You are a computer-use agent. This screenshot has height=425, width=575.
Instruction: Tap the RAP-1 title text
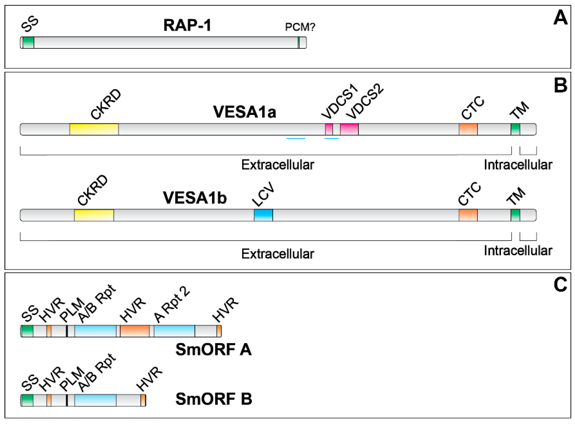tap(187, 25)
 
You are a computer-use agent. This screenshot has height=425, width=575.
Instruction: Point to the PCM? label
tap(300, 27)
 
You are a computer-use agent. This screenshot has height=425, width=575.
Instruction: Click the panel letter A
tap(560, 18)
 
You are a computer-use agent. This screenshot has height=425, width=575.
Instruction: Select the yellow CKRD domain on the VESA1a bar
tap(94, 129)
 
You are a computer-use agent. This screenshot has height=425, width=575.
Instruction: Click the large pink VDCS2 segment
tap(349, 129)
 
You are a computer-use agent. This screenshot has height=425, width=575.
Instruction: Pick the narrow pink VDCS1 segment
tap(329, 129)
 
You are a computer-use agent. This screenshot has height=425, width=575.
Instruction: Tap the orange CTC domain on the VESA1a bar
tap(468, 129)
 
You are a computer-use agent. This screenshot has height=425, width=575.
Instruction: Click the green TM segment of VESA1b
tap(515, 215)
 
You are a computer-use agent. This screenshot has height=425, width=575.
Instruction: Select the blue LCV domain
tap(263, 215)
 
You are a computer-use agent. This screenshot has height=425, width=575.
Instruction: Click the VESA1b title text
tap(195, 198)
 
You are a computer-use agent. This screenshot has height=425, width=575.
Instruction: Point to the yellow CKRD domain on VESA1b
tap(94, 215)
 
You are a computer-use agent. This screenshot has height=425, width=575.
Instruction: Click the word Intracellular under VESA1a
tap(518, 165)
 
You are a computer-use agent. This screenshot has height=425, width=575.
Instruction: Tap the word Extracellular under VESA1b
tap(278, 254)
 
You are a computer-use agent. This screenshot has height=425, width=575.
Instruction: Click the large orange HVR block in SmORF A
tap(135, 331)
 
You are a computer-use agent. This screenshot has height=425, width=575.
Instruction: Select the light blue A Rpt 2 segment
tap(174, 331)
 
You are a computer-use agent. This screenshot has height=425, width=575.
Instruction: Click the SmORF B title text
tap(214, 399)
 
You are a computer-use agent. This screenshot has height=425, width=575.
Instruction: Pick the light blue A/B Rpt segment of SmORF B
tap(95, 400)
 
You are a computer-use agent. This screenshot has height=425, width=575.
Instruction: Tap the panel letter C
tap(560, 285)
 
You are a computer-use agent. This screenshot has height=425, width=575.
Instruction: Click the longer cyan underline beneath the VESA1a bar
tap(296, 139)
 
